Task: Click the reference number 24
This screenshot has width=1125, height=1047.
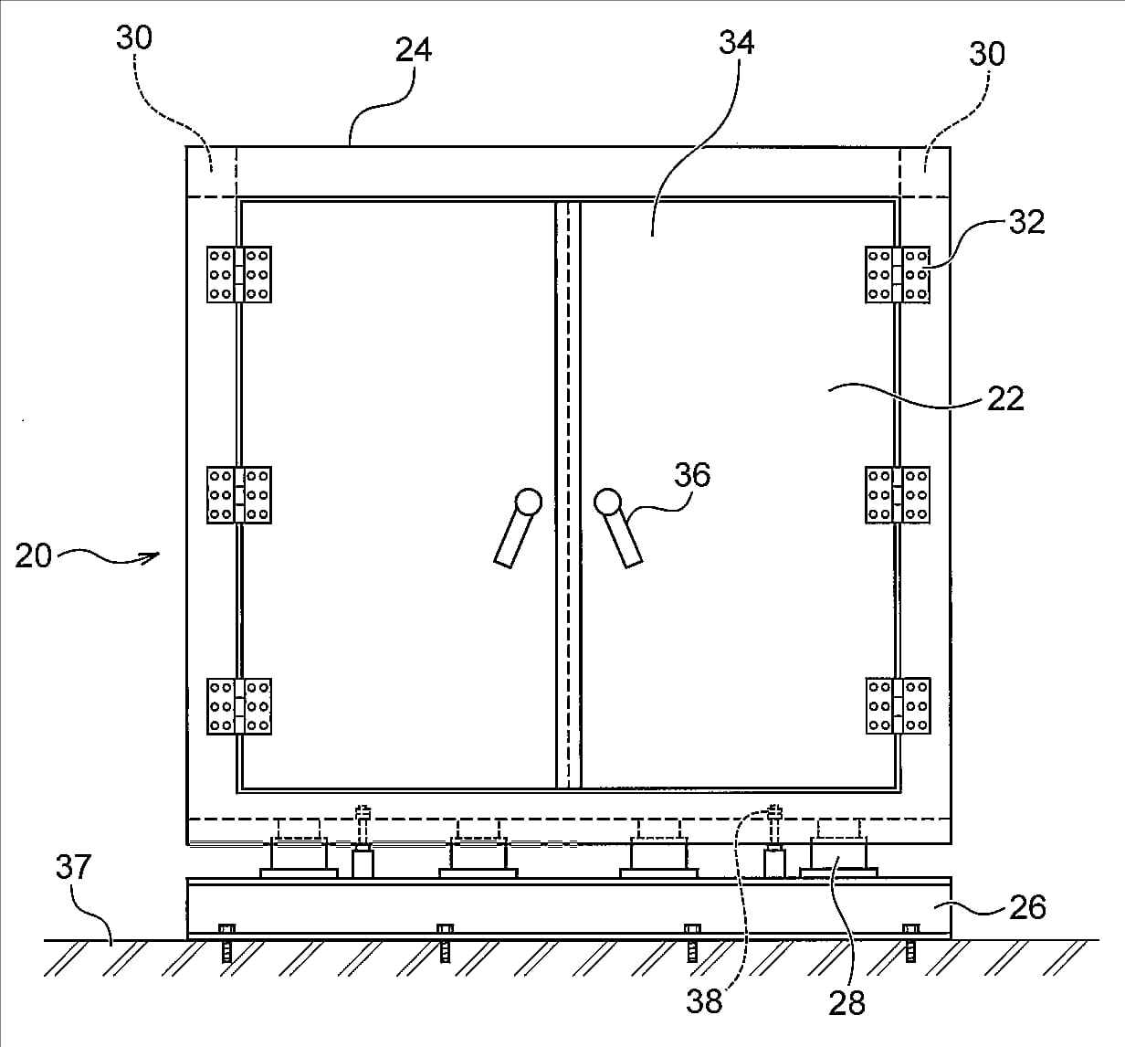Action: (x=414, y=50)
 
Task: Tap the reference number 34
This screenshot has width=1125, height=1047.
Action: (x=736, y=43)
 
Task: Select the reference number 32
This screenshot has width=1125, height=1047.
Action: (x=1026, y=222)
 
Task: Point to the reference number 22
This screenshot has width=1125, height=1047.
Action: (x=1005, y=398)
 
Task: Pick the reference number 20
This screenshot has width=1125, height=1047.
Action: (x=34, y=555)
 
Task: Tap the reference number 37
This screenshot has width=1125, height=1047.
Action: (x=73, y=867)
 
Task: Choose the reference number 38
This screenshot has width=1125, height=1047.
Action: (x=704, y=1001)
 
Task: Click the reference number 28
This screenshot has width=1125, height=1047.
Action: (x=846, y=1003)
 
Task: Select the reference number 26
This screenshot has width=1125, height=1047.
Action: (x=1027, y=907)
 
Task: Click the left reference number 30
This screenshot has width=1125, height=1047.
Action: (x=134, y=37)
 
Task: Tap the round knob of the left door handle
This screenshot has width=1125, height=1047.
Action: (x=528, y=502)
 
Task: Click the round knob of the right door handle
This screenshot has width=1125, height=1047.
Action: (x=607, y=502)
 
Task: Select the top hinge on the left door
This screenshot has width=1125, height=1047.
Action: (x=239, y=274)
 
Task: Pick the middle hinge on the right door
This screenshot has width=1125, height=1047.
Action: (x=898, y=495)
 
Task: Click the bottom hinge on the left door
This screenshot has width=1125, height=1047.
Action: (x=239, y=706)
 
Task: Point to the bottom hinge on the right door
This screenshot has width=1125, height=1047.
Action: (x=898, y=705)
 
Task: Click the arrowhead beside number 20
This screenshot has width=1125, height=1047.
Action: (x=152, y=557)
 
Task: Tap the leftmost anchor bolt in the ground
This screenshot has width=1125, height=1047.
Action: (x=226, y=943)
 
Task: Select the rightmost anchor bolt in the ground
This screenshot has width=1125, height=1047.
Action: (x=911, y=943)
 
